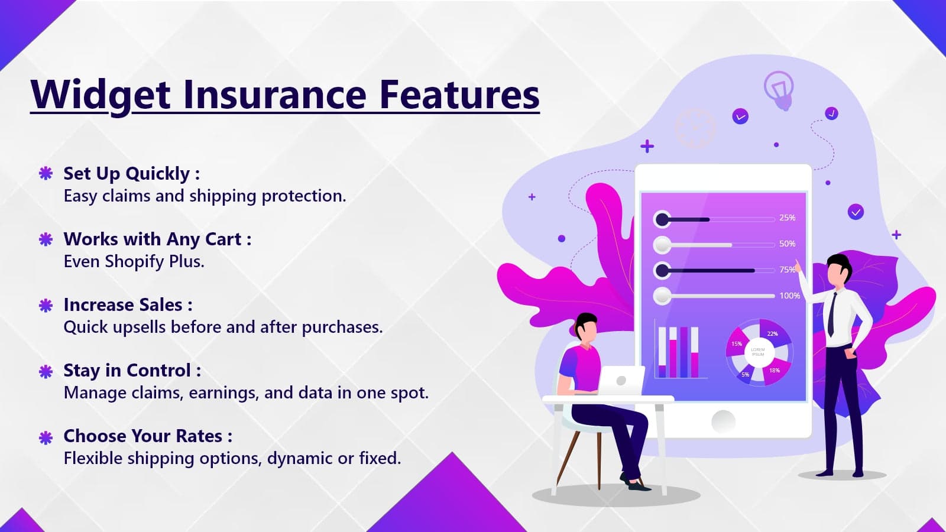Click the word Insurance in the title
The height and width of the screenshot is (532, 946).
click(274, 94)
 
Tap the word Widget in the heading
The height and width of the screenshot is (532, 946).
click(101, 95)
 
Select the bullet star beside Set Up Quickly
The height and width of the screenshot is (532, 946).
click(46, 173)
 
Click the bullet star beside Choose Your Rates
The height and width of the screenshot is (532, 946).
click(46, 437)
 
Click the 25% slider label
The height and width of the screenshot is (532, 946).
click(787, 218)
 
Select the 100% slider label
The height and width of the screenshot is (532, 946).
click(790, 296)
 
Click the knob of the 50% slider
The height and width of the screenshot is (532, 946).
click(662, 245)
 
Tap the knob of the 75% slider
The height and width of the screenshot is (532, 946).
click(662, 271)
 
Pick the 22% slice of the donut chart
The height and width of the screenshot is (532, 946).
click(774, 333)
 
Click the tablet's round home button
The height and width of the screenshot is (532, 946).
click(723, 421)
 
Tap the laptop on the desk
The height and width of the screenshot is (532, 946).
click(621, 381)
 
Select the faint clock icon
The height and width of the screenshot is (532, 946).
click(695, 128)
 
